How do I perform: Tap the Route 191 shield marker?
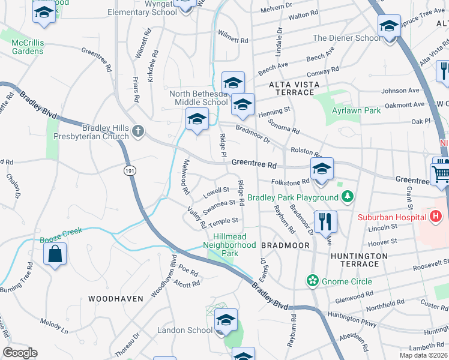(x=130, y=171)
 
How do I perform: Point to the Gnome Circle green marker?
(x=312, y=280)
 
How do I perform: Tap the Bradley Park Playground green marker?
(x=347, y=197)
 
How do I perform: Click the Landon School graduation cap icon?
(x=226, y=320)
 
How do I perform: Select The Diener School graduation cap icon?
(x=388, y=26)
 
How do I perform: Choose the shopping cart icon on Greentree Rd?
(x=442, y=173)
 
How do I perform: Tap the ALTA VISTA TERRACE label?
(x=291, y=88)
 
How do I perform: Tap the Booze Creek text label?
(x=60, y=239)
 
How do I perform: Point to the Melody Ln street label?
(x=54, y=325)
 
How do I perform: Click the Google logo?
(x=20, y=352)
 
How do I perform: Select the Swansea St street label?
(x=218, y=207)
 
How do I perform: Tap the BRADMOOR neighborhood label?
(x=285, y=245)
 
